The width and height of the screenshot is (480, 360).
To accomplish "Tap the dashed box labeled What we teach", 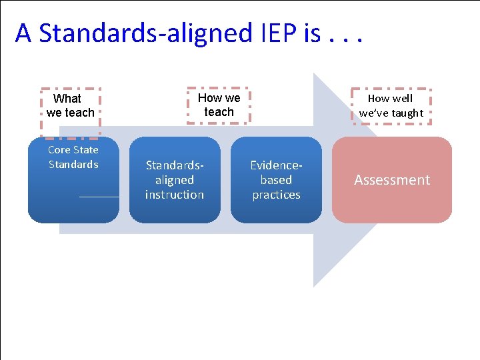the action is tap(71, 105).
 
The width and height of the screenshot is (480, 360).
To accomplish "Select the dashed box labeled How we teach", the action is tap(219, 105).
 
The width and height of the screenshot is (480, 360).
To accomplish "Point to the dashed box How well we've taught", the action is tap(391, 106).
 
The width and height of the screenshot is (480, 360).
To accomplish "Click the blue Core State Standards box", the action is tap(73, 180).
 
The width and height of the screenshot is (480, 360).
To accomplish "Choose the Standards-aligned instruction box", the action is tap(175, 180).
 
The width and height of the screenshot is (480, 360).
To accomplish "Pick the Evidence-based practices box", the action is tap(276, 180).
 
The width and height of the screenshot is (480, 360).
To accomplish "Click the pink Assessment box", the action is tap(392, 180).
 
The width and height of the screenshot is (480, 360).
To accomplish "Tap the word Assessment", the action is tap(392, 180).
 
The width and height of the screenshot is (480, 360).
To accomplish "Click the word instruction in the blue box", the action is tap(175, 195).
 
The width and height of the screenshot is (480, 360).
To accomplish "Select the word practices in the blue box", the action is tap(276, 195).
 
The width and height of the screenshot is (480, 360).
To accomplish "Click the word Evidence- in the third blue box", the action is tap(276, 165).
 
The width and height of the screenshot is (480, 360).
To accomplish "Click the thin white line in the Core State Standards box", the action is tap(99, 197).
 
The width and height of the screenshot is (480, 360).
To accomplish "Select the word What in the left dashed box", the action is tap(67, 99).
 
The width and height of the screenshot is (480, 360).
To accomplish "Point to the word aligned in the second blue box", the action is tap(175, 180).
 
